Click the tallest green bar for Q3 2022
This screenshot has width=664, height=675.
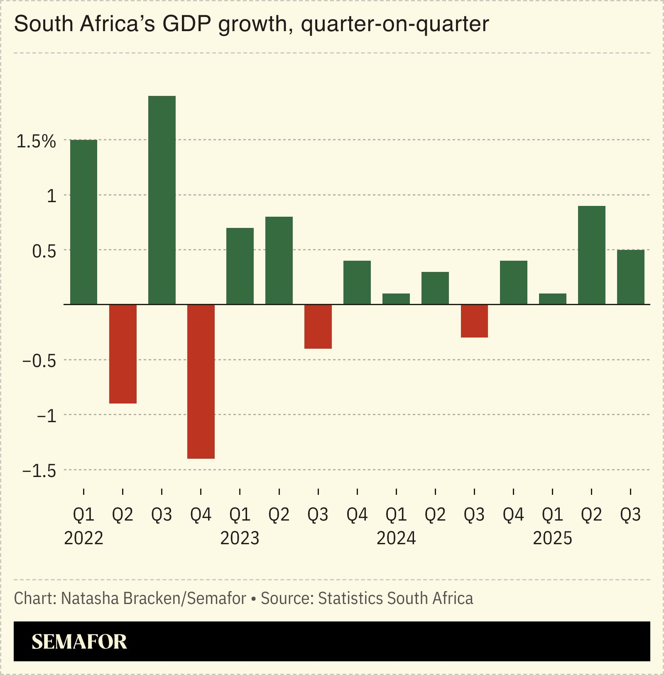point(162,200)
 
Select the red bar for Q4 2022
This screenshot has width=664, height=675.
point(201,381)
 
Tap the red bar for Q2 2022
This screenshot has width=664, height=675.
point(123,354)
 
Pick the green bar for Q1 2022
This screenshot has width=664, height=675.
point(83,222)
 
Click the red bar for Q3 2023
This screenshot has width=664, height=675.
point(318,326)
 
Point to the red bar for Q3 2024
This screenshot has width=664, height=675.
point(474,321)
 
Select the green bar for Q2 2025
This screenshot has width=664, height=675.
point(591,255)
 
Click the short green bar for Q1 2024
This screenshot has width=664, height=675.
point(396,299)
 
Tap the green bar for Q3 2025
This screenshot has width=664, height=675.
point(630,277)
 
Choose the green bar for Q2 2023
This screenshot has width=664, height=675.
point(279,260)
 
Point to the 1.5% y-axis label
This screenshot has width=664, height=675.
point(36,142)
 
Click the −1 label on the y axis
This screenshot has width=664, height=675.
point(46,416)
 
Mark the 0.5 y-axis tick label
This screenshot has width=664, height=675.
point(44,252)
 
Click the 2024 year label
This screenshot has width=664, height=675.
point(396,538)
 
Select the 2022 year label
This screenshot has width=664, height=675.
point(83,538)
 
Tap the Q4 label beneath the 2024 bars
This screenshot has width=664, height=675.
point(513,515)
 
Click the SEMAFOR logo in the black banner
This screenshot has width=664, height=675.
point(79,642)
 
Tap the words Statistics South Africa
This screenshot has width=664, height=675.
point(395,599)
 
